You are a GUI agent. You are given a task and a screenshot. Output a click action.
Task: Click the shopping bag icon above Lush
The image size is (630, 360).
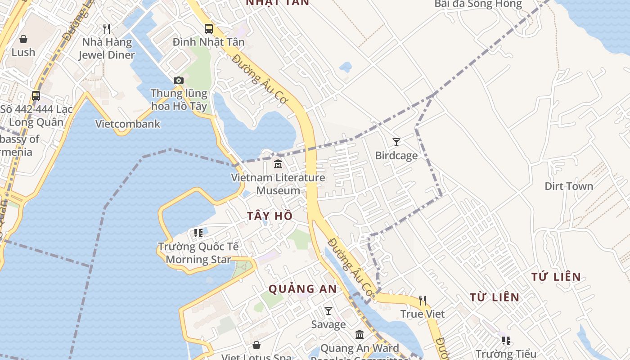click(x=23, y=39)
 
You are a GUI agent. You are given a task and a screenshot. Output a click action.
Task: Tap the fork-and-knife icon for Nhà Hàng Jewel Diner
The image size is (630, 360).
click(x=107, y=29)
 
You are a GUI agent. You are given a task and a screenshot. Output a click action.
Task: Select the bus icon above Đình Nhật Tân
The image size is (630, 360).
click(x=209, y=29)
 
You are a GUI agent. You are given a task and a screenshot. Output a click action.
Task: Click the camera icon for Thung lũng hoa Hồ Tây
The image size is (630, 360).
click(x=179, y=81)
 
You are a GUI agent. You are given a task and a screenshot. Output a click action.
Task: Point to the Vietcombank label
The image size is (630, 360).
click(x=128, y=124)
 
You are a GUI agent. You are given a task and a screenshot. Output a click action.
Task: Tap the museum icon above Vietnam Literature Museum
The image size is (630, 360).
click(x=278, y=164)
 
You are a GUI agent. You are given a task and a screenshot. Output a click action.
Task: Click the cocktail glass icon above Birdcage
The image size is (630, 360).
click(x=396, y=142)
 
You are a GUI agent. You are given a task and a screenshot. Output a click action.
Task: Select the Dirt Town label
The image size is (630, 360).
click(x=569, y=186)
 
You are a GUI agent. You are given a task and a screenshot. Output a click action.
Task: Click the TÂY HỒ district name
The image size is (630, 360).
click(x=270, y=216)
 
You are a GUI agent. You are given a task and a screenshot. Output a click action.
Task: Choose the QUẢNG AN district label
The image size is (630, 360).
click(x=303, y=289)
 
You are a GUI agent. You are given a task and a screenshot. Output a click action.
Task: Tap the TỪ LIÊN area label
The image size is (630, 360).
click(x=495, y=297)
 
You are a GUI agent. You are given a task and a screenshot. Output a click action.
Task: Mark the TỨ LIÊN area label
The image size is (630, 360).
click(x=556, y=277)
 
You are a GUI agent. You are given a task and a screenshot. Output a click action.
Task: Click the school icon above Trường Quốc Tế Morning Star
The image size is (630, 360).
click(x=198, y=233)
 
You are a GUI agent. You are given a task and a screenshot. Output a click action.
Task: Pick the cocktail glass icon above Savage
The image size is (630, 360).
click(x=328, y=311)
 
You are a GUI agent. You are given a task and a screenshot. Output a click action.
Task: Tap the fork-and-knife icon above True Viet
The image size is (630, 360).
click(x=423, y=300)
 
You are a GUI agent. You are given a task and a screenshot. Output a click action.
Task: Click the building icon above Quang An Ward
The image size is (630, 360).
click(x=360, y=335)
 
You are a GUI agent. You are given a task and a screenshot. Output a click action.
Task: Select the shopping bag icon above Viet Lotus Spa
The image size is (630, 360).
click(x=256, y=345)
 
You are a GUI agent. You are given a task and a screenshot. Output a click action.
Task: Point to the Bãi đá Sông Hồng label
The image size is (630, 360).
click(x=478, y=4)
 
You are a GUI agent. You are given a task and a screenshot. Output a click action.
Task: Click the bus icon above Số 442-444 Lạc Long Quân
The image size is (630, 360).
click(x=36, y=96)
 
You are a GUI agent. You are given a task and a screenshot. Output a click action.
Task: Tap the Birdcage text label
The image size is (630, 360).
click(x=396, y=156)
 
